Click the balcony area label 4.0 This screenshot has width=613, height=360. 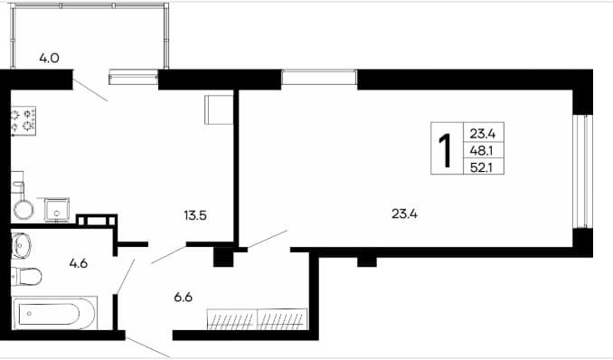tap(49, 58)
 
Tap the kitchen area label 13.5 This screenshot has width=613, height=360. tap(195, 215)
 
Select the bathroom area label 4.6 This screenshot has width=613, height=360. tap(78, 264)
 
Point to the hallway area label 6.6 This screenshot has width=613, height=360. tap(183, 298)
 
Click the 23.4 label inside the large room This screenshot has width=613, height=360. tap(405, 214)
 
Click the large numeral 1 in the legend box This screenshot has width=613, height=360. tap(446, 150)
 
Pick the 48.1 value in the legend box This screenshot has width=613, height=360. tap(482, 151)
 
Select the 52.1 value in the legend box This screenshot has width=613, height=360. tap(482, 168)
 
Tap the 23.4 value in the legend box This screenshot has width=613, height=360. tap(483, 134)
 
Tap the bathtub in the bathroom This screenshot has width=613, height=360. tap(54, 313)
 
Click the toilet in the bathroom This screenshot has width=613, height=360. tap(26, 277)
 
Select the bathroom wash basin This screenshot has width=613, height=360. tap(21, 246)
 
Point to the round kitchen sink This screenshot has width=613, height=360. tap(24, 209)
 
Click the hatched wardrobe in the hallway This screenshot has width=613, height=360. tap(257, 319)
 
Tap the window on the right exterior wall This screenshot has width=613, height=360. tap(582, 171)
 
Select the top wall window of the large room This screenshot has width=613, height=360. tap(319, 77)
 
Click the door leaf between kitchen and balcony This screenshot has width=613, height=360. tap(90, 90)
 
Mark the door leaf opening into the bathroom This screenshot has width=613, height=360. tap(126, 276)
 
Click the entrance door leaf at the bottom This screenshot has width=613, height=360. tap(147, 347)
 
